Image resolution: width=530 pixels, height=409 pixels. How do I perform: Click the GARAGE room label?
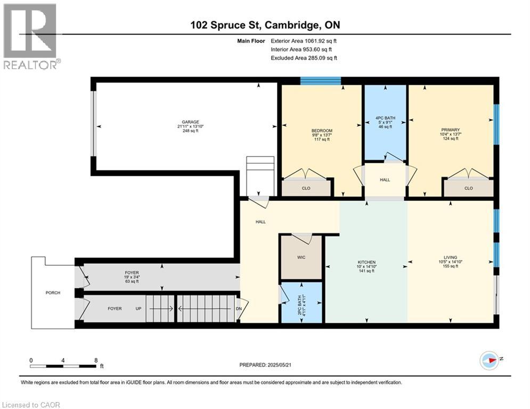[190, 122]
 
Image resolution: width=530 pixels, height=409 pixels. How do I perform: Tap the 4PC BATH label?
[385, 118]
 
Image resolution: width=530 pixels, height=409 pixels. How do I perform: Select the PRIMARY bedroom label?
[450, 130]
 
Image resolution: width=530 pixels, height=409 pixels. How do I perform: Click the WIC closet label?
[301, 257]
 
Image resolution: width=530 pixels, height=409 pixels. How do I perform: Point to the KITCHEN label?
[366, 263]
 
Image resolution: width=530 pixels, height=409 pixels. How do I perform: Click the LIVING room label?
[450, 257]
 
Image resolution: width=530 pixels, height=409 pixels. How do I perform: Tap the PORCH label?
[53, 293]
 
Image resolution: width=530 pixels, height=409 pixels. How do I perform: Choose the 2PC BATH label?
[299, 301]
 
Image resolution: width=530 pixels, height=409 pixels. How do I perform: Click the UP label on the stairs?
[138, 308]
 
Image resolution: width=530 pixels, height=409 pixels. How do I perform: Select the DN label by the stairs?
[239, 308]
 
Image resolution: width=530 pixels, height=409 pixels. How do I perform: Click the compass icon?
[490, 361]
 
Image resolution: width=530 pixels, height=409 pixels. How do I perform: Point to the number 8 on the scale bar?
[96, 361]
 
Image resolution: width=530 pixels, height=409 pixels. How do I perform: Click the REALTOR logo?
[31, 37]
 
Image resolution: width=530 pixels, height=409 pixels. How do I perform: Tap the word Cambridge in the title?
[292, 25]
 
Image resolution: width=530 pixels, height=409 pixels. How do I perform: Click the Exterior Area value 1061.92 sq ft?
[321, 41]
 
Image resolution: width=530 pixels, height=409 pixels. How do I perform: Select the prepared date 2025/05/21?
[279, 365]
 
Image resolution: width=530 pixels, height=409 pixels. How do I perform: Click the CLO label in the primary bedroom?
[469, 189]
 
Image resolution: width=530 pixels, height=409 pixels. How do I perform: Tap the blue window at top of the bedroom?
[321, 81]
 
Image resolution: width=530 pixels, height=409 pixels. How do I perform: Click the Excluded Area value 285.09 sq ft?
[322, 58]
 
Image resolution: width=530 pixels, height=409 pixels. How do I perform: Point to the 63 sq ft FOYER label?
[132, 281]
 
